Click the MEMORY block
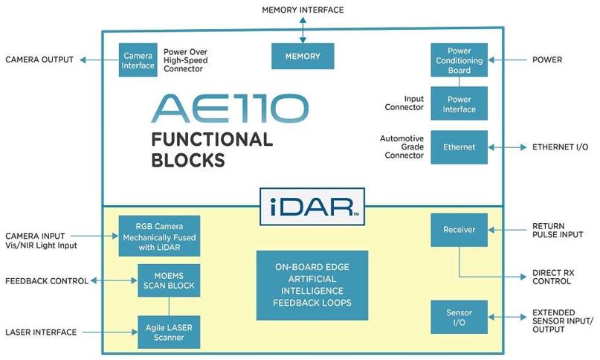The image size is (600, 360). [x=303, y=56]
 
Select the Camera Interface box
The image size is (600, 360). [x=138, y=60]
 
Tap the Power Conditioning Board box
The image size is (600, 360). [x=459, y=60]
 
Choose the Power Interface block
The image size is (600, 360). [x=459, y=103]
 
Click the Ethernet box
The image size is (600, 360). [x=459, y=147]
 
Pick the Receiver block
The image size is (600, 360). [x=459, y=230]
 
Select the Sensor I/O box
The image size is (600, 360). [x=459, y=317]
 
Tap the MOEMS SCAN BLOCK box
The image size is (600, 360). [x=169, y=280]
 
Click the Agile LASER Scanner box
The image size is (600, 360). [x=169, y=332]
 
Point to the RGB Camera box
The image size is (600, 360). [x=159, y=236]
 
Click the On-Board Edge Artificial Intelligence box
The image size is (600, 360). [x=312, y=286]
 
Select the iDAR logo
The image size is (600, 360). [x=312, y=207]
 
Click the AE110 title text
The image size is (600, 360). [x=230, y=109]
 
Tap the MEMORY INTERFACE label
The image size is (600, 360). [x=303, y=10]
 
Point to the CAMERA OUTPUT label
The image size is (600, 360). [x=39, y=60]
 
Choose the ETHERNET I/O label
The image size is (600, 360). [x=560, y=147]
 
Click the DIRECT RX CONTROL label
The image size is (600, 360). [x=553, y=277]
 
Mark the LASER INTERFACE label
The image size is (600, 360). [x=41, y=332]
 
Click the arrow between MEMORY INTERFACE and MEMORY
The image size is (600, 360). [x=303, y=30]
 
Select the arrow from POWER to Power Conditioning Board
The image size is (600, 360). [x=507, y=60]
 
